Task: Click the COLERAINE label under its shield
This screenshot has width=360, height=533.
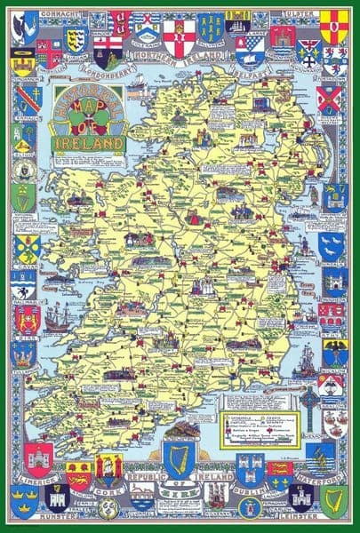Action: (x=143, y=39)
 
